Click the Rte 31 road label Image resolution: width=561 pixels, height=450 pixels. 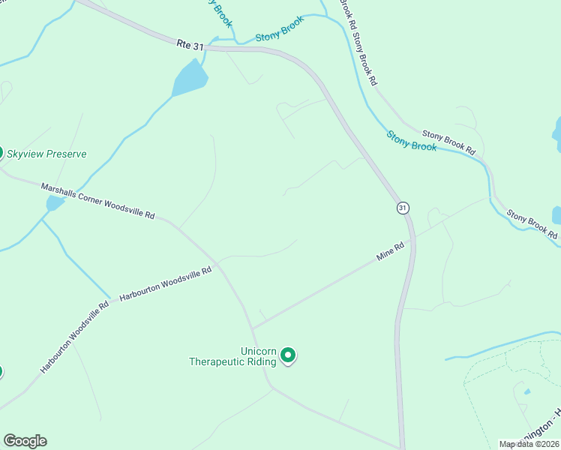click(190, 45)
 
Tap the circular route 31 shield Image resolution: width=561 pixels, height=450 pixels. click(403, 207)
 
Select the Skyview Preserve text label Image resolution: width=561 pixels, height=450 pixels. click(46, 154)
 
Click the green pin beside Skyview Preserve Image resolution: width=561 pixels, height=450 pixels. click(1, 152)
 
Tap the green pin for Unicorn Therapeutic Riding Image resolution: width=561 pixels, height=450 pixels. click(288, 355)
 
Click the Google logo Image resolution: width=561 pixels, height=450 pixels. click(25, 441)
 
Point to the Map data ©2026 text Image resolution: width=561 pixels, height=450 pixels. click(528, 444)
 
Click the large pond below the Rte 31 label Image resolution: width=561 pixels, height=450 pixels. click(189, 78)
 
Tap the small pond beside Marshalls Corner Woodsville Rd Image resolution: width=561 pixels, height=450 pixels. click(55, 203)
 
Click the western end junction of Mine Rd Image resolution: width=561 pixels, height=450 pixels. click(253, 328)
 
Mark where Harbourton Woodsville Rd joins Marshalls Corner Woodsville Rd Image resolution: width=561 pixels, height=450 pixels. click(217, 265)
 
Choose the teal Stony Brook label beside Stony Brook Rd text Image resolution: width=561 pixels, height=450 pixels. click(412, 141)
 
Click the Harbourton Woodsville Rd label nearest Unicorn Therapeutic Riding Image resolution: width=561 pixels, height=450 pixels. click(166, 284)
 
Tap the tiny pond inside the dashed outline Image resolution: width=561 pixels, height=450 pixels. click(527, 391)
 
